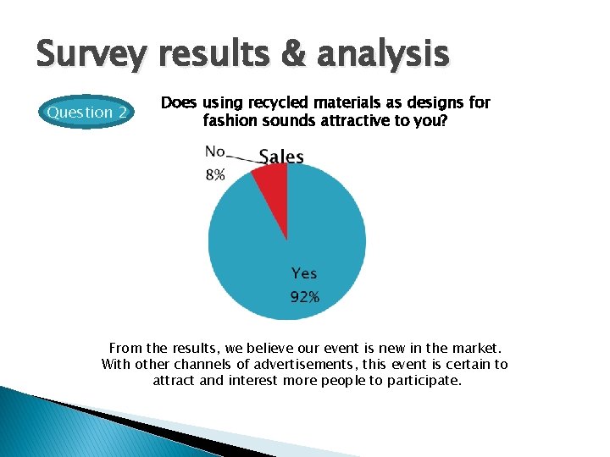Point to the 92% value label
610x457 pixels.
pyautogui.click(x=304, y=297)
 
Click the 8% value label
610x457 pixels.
pyautogui.click(x=214, y=175)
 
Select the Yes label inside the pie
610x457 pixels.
pyautogui.click(x=304, y=273)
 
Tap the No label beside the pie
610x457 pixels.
pyautogui.click(x=214, y=151)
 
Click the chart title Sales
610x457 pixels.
pyautogui.click(x=281, y=157)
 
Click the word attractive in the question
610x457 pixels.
pyautogui.click(x=334, y=121)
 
